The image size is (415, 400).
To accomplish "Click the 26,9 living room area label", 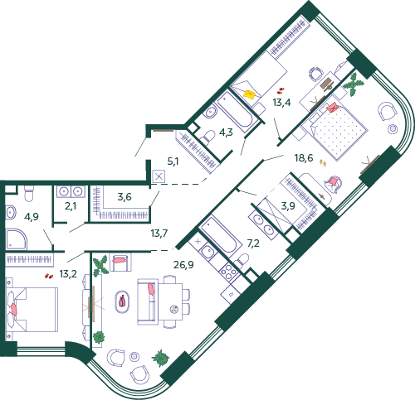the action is [183, 265].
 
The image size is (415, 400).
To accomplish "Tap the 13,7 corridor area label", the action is [159, 234].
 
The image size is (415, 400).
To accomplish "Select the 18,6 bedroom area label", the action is [304, 158].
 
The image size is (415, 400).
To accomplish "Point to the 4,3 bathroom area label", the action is [226, 133].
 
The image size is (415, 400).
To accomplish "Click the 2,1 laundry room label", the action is [71, 206].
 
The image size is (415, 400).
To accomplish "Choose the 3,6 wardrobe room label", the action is [124, 197].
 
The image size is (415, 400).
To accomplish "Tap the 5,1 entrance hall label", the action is [173, 161].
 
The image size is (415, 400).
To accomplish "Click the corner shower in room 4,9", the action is [16, 239].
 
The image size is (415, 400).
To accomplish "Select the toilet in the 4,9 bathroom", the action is [29, 193].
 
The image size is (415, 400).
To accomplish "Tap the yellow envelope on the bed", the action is [250, 94].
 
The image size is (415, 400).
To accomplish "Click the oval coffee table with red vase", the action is [122, 301].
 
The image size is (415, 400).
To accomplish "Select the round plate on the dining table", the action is [174, 309].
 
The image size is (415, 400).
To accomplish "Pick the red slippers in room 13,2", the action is [49, 276].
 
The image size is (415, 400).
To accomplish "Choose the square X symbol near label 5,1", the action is [159, 176].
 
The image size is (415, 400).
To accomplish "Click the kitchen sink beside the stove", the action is [207, 252].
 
